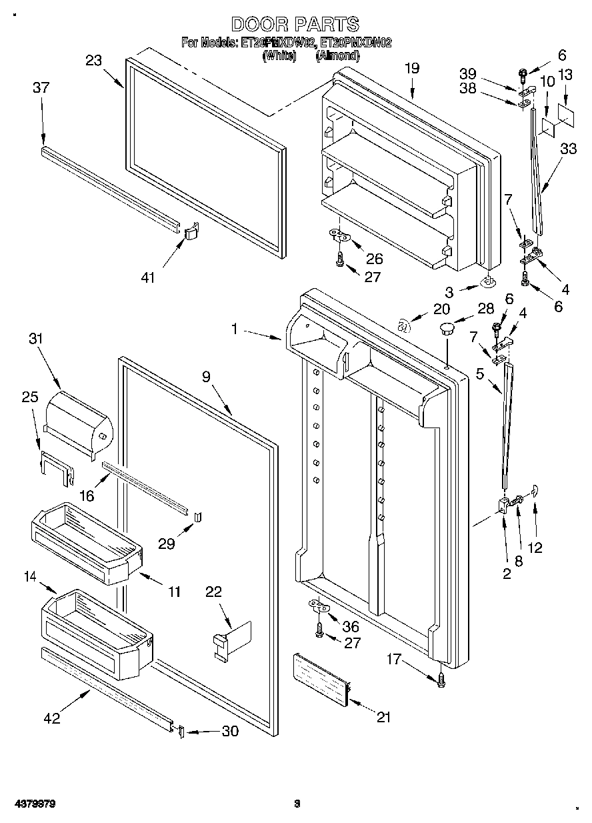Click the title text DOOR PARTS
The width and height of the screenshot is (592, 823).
(x=295, y=25)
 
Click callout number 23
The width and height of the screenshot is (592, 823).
(x=94, y=60)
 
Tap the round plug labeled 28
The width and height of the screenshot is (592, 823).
(x=446, y=328)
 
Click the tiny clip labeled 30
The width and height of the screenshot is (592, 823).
(x=179, y=732)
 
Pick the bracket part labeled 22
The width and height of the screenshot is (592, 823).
(x=230, y=640)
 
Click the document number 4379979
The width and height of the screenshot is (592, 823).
(x=28, y=804)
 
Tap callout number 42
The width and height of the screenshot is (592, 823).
(x=52, y=718)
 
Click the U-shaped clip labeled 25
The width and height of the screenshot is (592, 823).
(x=57, y=466)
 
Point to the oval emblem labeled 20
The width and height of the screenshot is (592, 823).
(x=403, y=327)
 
